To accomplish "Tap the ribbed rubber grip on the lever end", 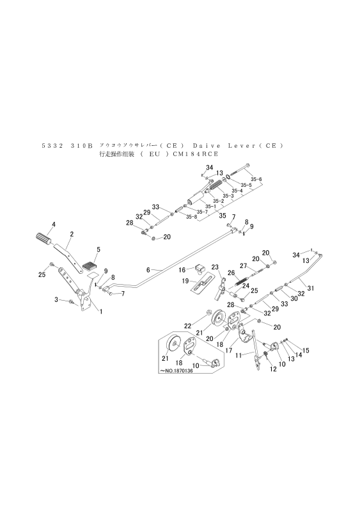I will [42, 237].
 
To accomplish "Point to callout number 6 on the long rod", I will [148, 270].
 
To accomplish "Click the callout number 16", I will [182, 269].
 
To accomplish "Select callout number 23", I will [215, 267].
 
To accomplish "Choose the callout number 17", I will [228, 333].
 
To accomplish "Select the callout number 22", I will [188, 326].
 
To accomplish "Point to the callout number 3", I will [56, 299].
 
